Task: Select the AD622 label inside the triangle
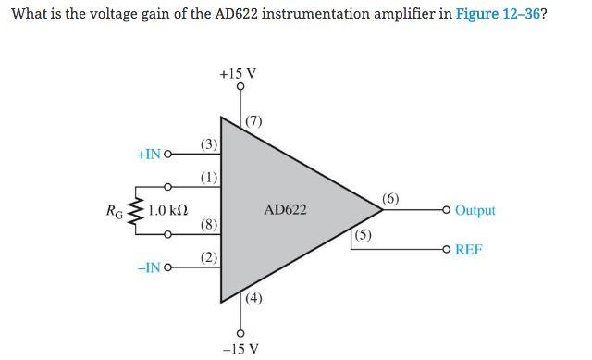[285, 210]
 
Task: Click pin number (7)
[254, 121]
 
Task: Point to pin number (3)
[210, 144]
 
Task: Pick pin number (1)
[210, 177]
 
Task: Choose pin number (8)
[210, 225]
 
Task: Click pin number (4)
[254, 298]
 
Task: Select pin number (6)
[390, 198]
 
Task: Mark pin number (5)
[364, 235]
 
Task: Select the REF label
[468, 250]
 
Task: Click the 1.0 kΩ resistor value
[168, 210]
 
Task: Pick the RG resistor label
[116, 211]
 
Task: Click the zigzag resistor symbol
[137, 211]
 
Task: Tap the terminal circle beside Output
[447, 210]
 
